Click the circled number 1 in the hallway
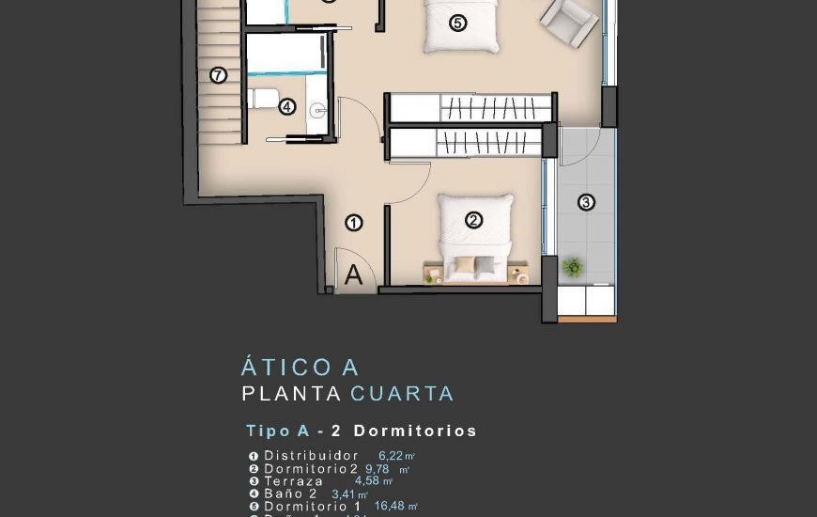pos(354,223)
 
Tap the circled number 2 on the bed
pos(474,220)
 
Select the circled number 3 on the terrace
pos(586,202)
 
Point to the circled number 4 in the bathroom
pos(287,107)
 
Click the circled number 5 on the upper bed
pos(457,23)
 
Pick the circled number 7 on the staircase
pos(219,75)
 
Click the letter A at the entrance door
pos(353,274)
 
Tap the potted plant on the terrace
pos(572,267)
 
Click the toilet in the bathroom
pos(264,98)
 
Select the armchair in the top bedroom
pos(570,21)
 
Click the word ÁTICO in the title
pos(283,368)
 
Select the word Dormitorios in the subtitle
pos(415,431)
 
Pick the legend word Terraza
pos(293,481)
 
